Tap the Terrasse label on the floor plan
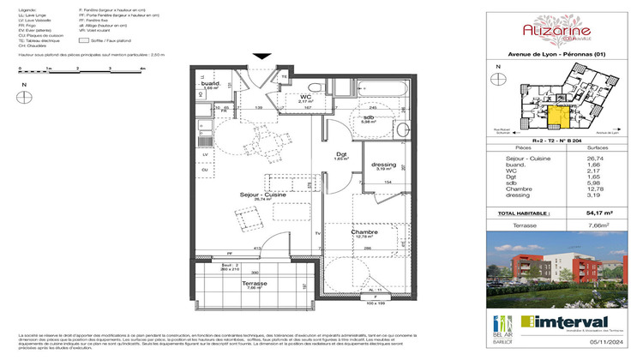point(254,283)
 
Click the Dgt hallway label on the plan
point(340,155)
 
